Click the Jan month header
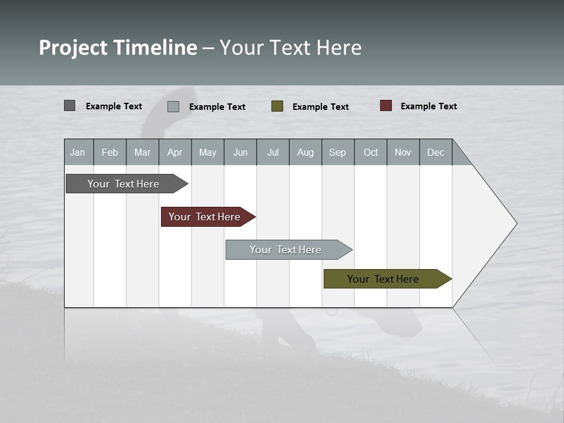tap(78, 152)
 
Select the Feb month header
tap(110, 152)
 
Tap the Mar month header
tap(142, 152)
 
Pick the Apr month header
tap(175, 152)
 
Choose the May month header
tap(207, 152)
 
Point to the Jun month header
tap(240, 152)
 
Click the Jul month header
tap(273, 152)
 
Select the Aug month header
tap(305, 152)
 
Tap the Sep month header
tap(338, 152)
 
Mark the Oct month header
tap(371, 152)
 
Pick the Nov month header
tap(403, 152)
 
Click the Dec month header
tap(436, 152)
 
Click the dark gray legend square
tap(70, 106)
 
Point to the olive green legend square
tap(277, 106)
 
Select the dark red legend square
tap(386, 106)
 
